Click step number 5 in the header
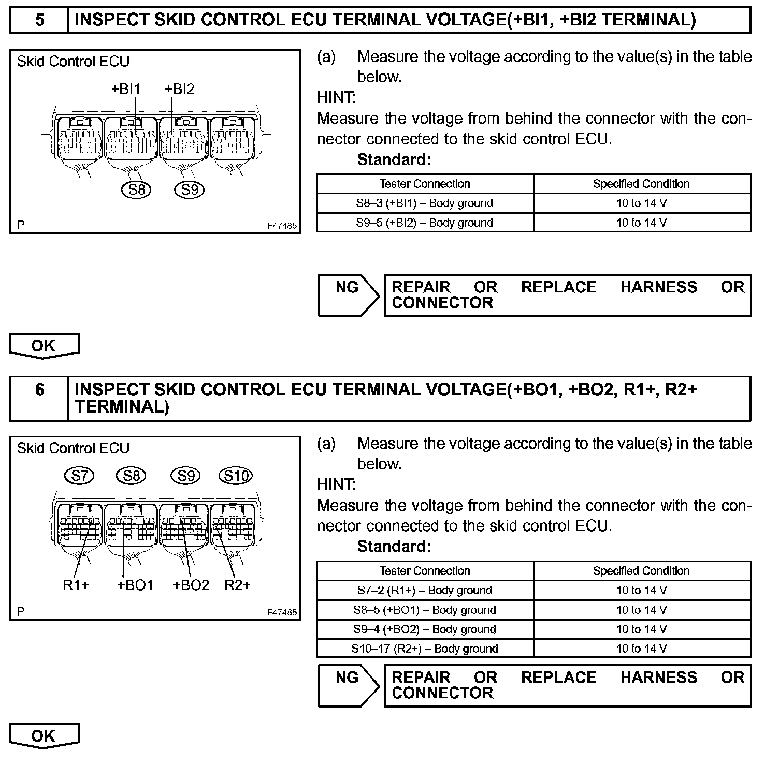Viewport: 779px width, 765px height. pyautogui.click(x=39, y=20)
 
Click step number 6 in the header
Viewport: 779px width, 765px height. pyautogui.click(x=39, y=389)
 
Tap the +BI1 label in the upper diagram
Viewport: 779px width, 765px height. pyautogui.click(x=126, y=89)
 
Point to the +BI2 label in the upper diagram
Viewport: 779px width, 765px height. pyautogui.click(x=180, y=89)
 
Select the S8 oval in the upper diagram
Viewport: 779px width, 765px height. pyautogui.click(x=136, y=190)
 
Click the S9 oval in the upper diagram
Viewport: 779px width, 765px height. pyautogui.click(x=190, y=190)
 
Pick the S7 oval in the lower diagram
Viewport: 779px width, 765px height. pyautogui.click(x=79, y=475)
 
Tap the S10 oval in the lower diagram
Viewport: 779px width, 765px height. pyautogui.click(x=236, y=475)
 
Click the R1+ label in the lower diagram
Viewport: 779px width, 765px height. pyautogui.click(x=76, y=585)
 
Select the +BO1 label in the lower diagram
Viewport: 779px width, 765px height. pyautogui.click(x=135, y=585)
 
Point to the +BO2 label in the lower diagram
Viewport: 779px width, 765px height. pyautogui.click(x=191, y=585)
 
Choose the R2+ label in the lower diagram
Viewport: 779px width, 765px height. pyautogui.click(x=237, y=585)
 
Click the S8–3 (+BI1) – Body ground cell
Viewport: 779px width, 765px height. pyautogui.click(x=425, y=203)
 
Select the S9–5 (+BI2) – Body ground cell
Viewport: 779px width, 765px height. pyautogui.click(x=425, y=223)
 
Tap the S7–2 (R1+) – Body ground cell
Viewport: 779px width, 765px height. pyautogui.click(x=425, y=590)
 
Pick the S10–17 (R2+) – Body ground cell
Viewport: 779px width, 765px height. pyautogui.click(x=425, y=649)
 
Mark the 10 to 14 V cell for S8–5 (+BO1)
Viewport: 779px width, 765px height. pyautogui.click(x=642, y=610)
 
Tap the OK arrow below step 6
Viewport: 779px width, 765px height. pyautogui.click(x=44, y=736)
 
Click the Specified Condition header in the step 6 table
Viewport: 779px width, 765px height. pyautogui.click(x=642, y=571)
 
